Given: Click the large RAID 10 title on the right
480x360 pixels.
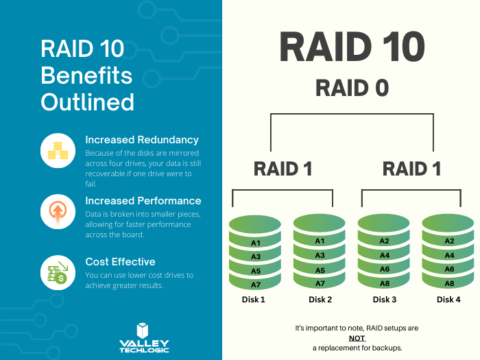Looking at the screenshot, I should pyautogui.click(x=352, y=48).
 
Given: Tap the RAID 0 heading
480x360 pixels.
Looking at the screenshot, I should pyautogui.click(x=352, y=88).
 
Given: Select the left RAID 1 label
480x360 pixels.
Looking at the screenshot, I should pyautogui.click(x=283, y=169).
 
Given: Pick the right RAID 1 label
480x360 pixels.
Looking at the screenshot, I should pyautogui.click(x=411, y=169).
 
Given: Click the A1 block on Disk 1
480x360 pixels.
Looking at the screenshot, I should pyautogui.click(x=256, y=243).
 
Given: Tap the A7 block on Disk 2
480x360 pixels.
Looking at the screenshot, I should pyautogui.click(x=320, y=283).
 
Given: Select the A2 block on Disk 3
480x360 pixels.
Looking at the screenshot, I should pyautogui.click(x=384, y=241).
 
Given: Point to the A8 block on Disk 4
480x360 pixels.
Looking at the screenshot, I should pyautogui.click(x=449, y=283).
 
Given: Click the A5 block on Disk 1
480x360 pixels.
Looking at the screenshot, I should pyautogui.click(x=256, y=271).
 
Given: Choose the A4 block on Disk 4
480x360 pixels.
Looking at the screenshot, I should pyautogui.click(x=449, y=255).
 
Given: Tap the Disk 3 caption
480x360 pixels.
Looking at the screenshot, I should pyautogui.click(x=384, y=300).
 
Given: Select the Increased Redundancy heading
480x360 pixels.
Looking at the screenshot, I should pyautogui.click(x=142, y=140).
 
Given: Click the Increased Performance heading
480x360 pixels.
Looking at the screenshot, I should pyautogui.click(x=143, y=201).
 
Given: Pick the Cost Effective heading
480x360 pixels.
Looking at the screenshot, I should pyautogui.click(x=120, y=261).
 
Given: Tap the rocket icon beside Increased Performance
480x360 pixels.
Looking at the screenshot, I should pyautogui.click(x=58, y=212).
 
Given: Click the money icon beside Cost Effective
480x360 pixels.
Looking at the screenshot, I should pyautogui.click(x=58, y=272).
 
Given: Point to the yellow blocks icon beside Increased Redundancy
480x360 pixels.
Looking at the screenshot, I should pyautogui.click(x=58, y=151).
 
